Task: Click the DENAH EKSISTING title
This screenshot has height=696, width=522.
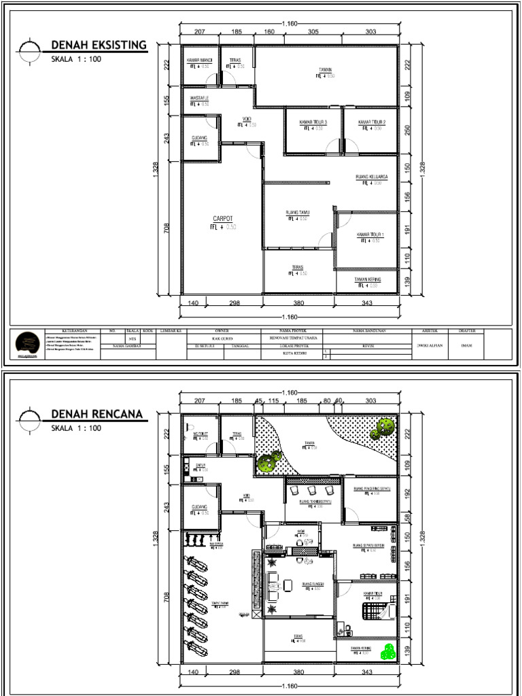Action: [99, 46]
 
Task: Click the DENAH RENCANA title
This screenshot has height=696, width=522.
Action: [96, 415]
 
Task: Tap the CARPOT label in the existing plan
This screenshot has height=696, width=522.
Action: [223, 218]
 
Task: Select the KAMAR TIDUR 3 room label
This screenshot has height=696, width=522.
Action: [313, 122]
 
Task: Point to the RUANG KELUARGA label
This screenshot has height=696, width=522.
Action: [372, 177]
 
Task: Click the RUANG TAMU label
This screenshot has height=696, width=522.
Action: [298, 213]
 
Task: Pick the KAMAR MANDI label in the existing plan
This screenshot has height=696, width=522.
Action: [200, 61]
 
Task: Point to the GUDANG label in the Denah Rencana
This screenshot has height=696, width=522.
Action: [200, 507]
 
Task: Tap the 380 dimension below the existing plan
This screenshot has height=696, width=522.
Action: [299, 303]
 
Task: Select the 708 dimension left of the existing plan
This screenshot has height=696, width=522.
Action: [167, 228]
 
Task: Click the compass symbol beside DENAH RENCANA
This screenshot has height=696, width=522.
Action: [29, 419]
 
